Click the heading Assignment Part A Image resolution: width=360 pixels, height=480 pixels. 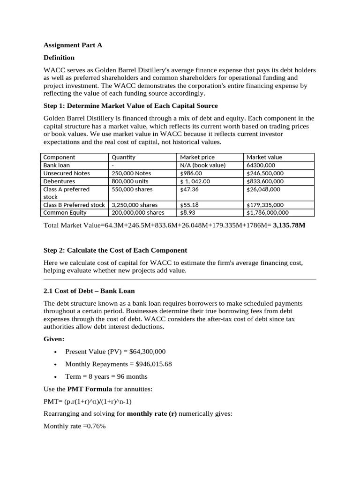73,45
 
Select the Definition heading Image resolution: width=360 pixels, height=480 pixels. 59,58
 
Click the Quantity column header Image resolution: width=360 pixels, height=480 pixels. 123,157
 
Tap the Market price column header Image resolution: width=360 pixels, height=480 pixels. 197,157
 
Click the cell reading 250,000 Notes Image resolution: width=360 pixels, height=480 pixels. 131,173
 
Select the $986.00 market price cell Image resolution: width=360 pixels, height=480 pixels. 191,173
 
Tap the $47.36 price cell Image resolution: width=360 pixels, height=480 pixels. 189,189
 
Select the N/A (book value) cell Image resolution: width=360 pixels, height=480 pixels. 203,165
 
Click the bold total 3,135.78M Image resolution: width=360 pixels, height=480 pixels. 289,225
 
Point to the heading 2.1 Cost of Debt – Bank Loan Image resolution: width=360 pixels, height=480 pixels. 89,291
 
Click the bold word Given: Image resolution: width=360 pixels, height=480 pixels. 54,338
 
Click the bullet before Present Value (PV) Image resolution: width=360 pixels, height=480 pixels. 56,352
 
